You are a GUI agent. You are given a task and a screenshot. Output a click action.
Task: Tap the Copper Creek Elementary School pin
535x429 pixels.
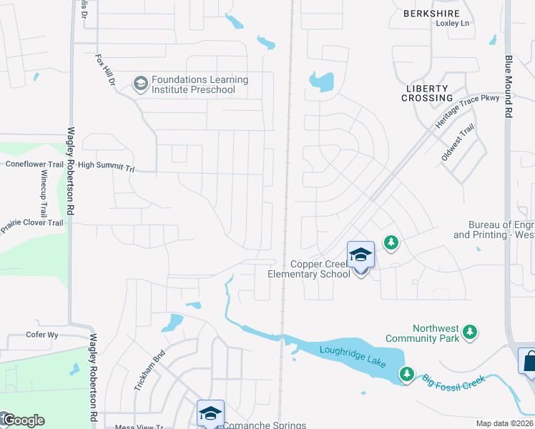pyautogui.click(x=360, y=256)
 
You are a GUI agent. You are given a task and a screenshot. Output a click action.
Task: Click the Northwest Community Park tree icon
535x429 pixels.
pyautogui.click(x=470, y=331)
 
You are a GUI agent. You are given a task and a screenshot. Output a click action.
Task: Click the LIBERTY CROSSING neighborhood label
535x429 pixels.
pyautogui.click(x=426, y=92)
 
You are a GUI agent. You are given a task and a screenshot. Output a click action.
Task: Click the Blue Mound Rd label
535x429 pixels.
pyautogui.click(x=509, y=87)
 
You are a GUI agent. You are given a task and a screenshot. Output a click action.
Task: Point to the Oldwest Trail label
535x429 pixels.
pyautogui.click(x=458, y=142)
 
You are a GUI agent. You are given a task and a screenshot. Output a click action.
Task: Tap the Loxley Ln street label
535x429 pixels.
pyautogui.click(x=452, y=24)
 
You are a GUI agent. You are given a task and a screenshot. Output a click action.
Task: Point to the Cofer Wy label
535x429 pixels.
pyautogui.click(x=41, y=335)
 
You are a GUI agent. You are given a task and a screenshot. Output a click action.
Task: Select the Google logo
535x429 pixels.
pyautogui.click(x=23, y=420)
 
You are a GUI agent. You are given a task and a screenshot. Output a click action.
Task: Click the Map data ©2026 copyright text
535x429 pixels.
pyautogui.click(x=504, y=423)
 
